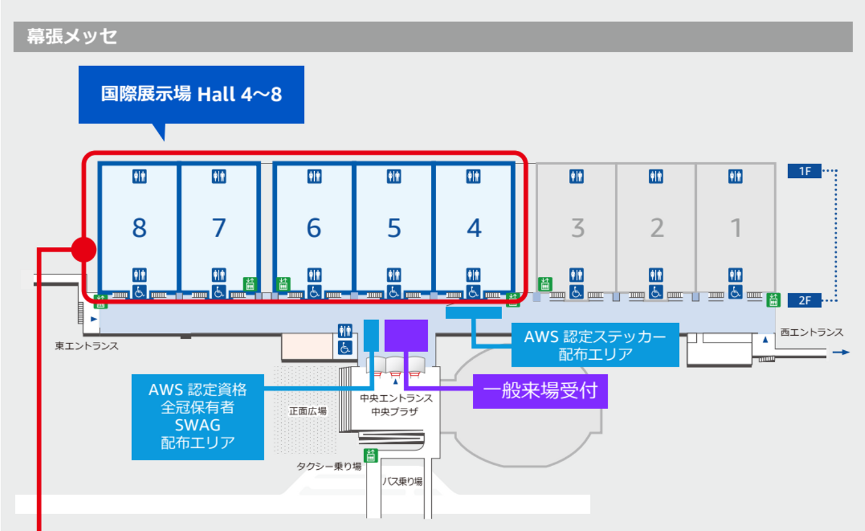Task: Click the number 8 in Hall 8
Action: pos(139,228)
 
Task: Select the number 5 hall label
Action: pos(394,228)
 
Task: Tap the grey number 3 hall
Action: pos(578,228)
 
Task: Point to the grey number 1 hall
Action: pos(736,228)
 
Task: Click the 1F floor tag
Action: pos(804,171)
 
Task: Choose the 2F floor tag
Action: pos(804,300)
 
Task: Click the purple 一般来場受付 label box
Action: pos(540,391)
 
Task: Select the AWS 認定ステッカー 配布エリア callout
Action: pos(595,345)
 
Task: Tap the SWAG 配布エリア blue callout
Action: pos(198,417)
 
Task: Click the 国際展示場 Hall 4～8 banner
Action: pos(191,95)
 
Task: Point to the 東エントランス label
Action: pos(86,346)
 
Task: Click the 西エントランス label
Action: pos(812,333)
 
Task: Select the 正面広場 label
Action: pos(308,411)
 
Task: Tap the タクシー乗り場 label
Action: pos(329,467)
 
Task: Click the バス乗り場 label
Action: pos(402,482)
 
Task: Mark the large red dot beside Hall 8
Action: pos(84,250)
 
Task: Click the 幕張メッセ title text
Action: pos(72,37)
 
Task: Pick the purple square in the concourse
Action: pos(406,336)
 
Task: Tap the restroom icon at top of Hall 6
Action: pos(314,177)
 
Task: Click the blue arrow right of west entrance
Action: pos(841,352)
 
